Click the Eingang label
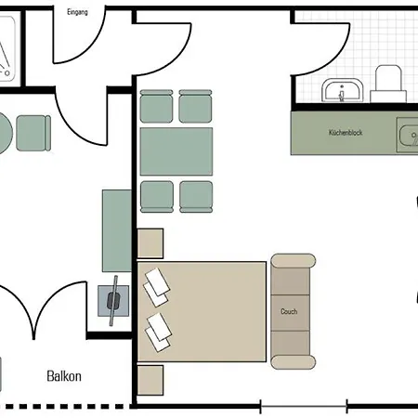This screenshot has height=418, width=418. [77, 12]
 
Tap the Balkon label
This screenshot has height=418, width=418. [64, 376]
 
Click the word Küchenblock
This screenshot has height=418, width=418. [346, 133]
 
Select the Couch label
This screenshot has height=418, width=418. [289, 311]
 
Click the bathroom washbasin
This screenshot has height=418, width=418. [342, 90]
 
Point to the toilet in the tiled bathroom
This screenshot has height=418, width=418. [388, 84]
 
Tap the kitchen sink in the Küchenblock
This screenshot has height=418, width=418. [409, 136]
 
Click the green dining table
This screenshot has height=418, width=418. [176, 151]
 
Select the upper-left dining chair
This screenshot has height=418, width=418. [156, 106]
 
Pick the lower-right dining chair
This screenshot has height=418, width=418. [196, 197]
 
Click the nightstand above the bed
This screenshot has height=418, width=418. [150, 243]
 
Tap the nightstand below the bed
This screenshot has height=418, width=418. [150, 380]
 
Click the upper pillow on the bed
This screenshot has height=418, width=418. [157, 287]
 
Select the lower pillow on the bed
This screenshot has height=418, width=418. [158, 333]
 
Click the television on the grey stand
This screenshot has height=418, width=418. [113, 301]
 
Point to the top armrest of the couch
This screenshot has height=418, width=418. [294, 261]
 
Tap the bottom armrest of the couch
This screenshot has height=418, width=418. [294, 362]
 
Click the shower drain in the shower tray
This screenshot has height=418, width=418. [7, 73]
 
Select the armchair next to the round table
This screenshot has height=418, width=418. [33, 133]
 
